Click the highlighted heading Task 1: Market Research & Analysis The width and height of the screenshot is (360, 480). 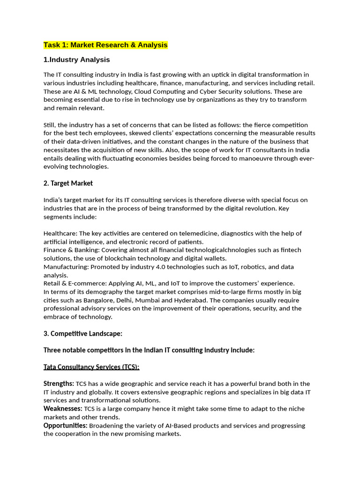click(105, 45)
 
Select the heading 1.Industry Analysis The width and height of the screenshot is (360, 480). click(77, 60)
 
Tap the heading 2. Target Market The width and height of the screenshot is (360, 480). click(68, 183)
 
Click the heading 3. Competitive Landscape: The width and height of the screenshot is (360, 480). click(83, 333)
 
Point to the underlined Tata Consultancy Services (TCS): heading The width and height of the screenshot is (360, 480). click(91, 367)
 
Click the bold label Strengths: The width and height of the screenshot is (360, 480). click(59, 383)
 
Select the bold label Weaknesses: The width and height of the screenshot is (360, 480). click(63, 409)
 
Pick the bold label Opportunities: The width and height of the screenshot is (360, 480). click(65, 426)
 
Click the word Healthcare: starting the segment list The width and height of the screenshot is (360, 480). click(60, 233)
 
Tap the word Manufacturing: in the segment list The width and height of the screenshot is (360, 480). click(66, 267)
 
